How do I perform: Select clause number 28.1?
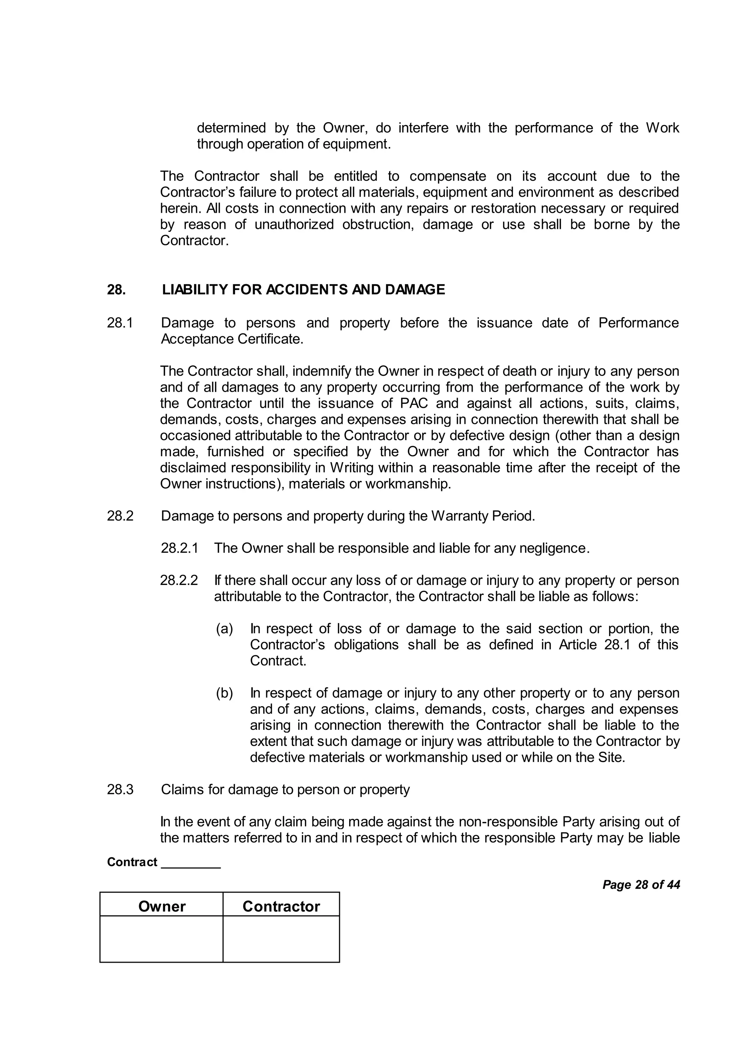120,323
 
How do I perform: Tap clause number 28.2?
120,516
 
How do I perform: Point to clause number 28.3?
120,789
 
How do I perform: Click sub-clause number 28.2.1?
179,548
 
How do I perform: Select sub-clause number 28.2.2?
179,580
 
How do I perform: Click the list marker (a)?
225,629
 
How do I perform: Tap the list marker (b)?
225,693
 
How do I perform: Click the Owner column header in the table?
161,906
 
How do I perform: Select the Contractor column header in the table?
281,906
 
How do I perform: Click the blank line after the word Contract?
191,863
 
